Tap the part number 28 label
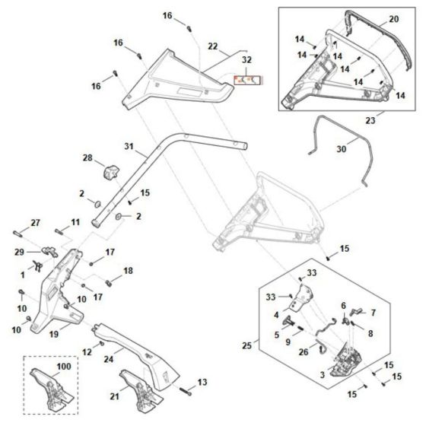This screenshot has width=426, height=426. tap(87, 158)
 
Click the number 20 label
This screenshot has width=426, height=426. tap(393, 19)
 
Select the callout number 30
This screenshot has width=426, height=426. tap(342, 149)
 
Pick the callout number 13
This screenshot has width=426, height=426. tap(202, 382)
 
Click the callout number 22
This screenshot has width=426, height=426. tap(212, 47)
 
